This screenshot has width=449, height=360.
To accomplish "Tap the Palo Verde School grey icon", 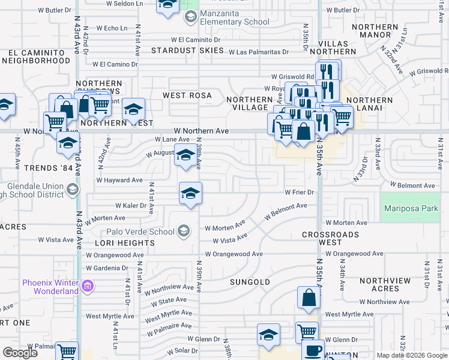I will point(184,231).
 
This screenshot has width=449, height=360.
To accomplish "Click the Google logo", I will point(20,353).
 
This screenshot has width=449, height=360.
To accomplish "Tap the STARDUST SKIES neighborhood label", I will point(187,50).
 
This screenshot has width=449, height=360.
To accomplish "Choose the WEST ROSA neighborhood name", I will point(188,95).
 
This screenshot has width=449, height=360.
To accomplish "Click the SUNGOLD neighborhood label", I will point(250,281).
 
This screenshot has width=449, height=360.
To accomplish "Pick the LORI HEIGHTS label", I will point(125,243).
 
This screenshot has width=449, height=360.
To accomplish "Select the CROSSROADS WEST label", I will point(330,238).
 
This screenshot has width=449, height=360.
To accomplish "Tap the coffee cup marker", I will point(312,351).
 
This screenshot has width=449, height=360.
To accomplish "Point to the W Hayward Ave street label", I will point(119,180).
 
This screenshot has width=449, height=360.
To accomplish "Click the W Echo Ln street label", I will point(107,28).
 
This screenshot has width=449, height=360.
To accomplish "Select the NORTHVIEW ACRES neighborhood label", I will point(385,284).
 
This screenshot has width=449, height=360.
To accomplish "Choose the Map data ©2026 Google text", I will point(411,355).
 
